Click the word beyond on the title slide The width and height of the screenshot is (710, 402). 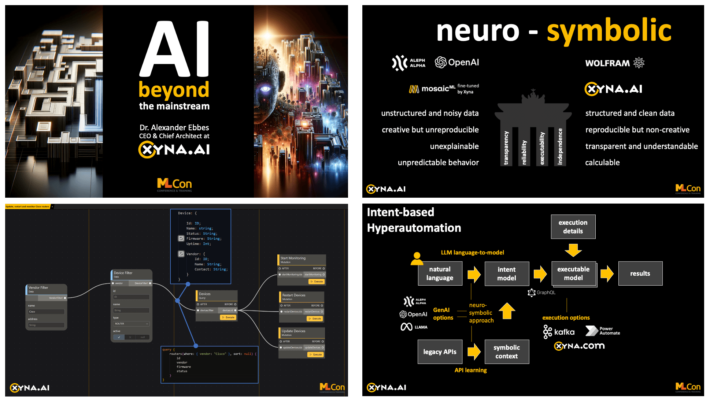point(174,90)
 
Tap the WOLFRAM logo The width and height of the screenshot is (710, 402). point(614,63)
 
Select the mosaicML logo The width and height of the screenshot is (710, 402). point(432,89)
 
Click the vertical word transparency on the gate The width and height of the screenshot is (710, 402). point(506,148)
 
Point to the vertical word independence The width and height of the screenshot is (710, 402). point(560,146)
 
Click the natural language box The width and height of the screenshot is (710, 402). point(440,273)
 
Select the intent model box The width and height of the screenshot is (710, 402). point(506,273)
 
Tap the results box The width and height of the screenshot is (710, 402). point(640,273)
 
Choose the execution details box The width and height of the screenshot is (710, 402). point(573,227)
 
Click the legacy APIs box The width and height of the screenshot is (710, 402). point(440,352)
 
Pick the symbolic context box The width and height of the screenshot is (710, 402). point(506,352)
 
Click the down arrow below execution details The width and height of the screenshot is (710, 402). point(573,250)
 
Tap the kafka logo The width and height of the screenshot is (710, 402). point(559,332)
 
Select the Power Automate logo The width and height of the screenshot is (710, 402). point(602,331)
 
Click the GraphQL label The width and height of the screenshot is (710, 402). point(542,293)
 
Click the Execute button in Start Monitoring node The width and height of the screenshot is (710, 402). point(317,282)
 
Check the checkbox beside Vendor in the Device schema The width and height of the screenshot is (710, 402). point(181,254)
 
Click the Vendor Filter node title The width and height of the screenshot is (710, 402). point(38,288)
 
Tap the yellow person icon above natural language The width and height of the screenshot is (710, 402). point(417,258)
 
